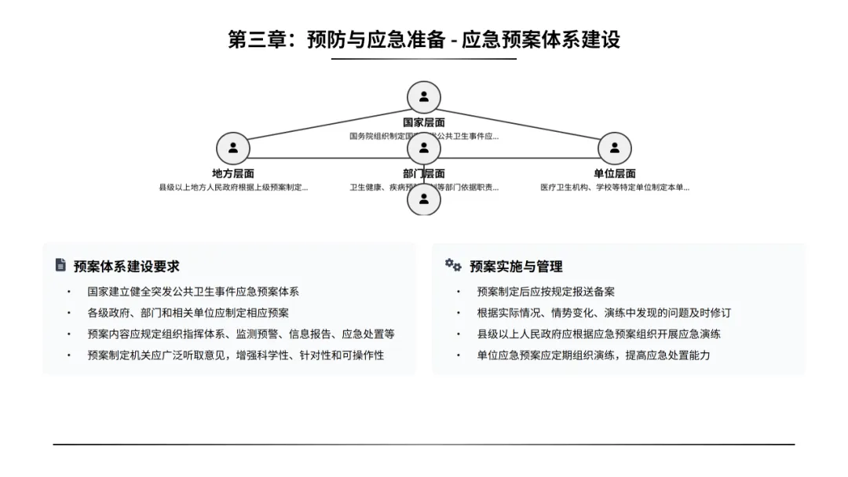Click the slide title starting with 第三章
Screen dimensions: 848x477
pos(424,39)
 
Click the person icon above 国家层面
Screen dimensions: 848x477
pos(424,97)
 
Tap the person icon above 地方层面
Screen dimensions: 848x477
pos(233,148)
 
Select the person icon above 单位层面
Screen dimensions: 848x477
pos(615,148)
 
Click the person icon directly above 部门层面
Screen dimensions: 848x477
pos(424,148)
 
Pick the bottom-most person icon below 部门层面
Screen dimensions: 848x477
pos(424,199)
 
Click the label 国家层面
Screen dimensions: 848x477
pos(424,122)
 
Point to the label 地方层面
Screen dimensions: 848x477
pos(233,173)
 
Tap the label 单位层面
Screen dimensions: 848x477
pos(615,173)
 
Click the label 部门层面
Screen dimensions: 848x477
pos(424,173)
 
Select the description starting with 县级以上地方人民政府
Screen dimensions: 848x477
pos(233,188)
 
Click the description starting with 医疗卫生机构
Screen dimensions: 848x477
pos(615,188)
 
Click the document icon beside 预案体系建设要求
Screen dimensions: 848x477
pos(60,265)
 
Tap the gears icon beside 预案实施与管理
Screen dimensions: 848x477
pos(453,265)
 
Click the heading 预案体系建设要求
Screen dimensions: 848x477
pos(126,266)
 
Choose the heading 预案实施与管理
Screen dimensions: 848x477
pos(516,266)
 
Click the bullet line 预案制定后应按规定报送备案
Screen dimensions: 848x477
pos(546,292)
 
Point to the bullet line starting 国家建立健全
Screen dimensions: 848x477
pos(193,292)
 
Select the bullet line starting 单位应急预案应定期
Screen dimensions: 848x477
pos(593,355)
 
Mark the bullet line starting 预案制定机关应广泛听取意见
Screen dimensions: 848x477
pos(236,355)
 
